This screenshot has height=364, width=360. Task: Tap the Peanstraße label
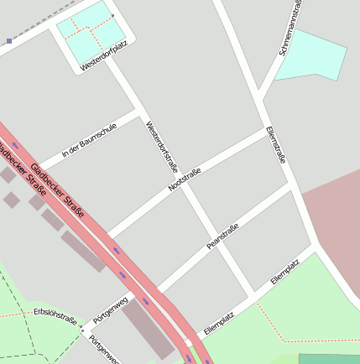click(222, 237)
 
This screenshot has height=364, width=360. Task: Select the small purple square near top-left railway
click(9, 40)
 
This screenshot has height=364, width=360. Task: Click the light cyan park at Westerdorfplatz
click(84, 32)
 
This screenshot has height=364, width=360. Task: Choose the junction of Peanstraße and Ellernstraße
click(293, 189)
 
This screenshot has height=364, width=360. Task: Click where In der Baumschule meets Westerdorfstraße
click(138, 109)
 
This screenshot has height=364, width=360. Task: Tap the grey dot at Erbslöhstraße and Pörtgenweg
click(82, 328)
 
